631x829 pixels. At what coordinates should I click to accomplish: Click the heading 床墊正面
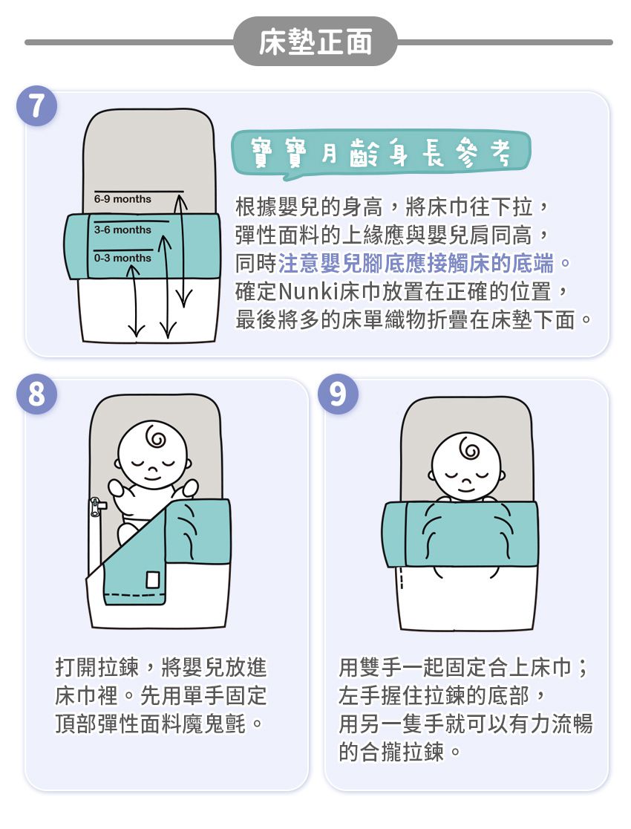pos(315,43)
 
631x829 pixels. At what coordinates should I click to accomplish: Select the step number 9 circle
pos(338,395)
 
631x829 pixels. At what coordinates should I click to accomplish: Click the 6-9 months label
pos(122,199)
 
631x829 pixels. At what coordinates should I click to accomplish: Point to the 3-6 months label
pos(122,230)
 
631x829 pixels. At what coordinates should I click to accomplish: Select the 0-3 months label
pos(122,258)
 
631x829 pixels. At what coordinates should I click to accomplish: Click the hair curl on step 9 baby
pos(468,449)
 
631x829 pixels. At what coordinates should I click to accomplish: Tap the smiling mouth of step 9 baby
pos(464,489)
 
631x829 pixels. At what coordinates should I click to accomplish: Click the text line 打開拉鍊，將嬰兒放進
pos(161,667)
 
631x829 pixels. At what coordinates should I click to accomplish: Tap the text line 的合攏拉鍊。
pos(401,752)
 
